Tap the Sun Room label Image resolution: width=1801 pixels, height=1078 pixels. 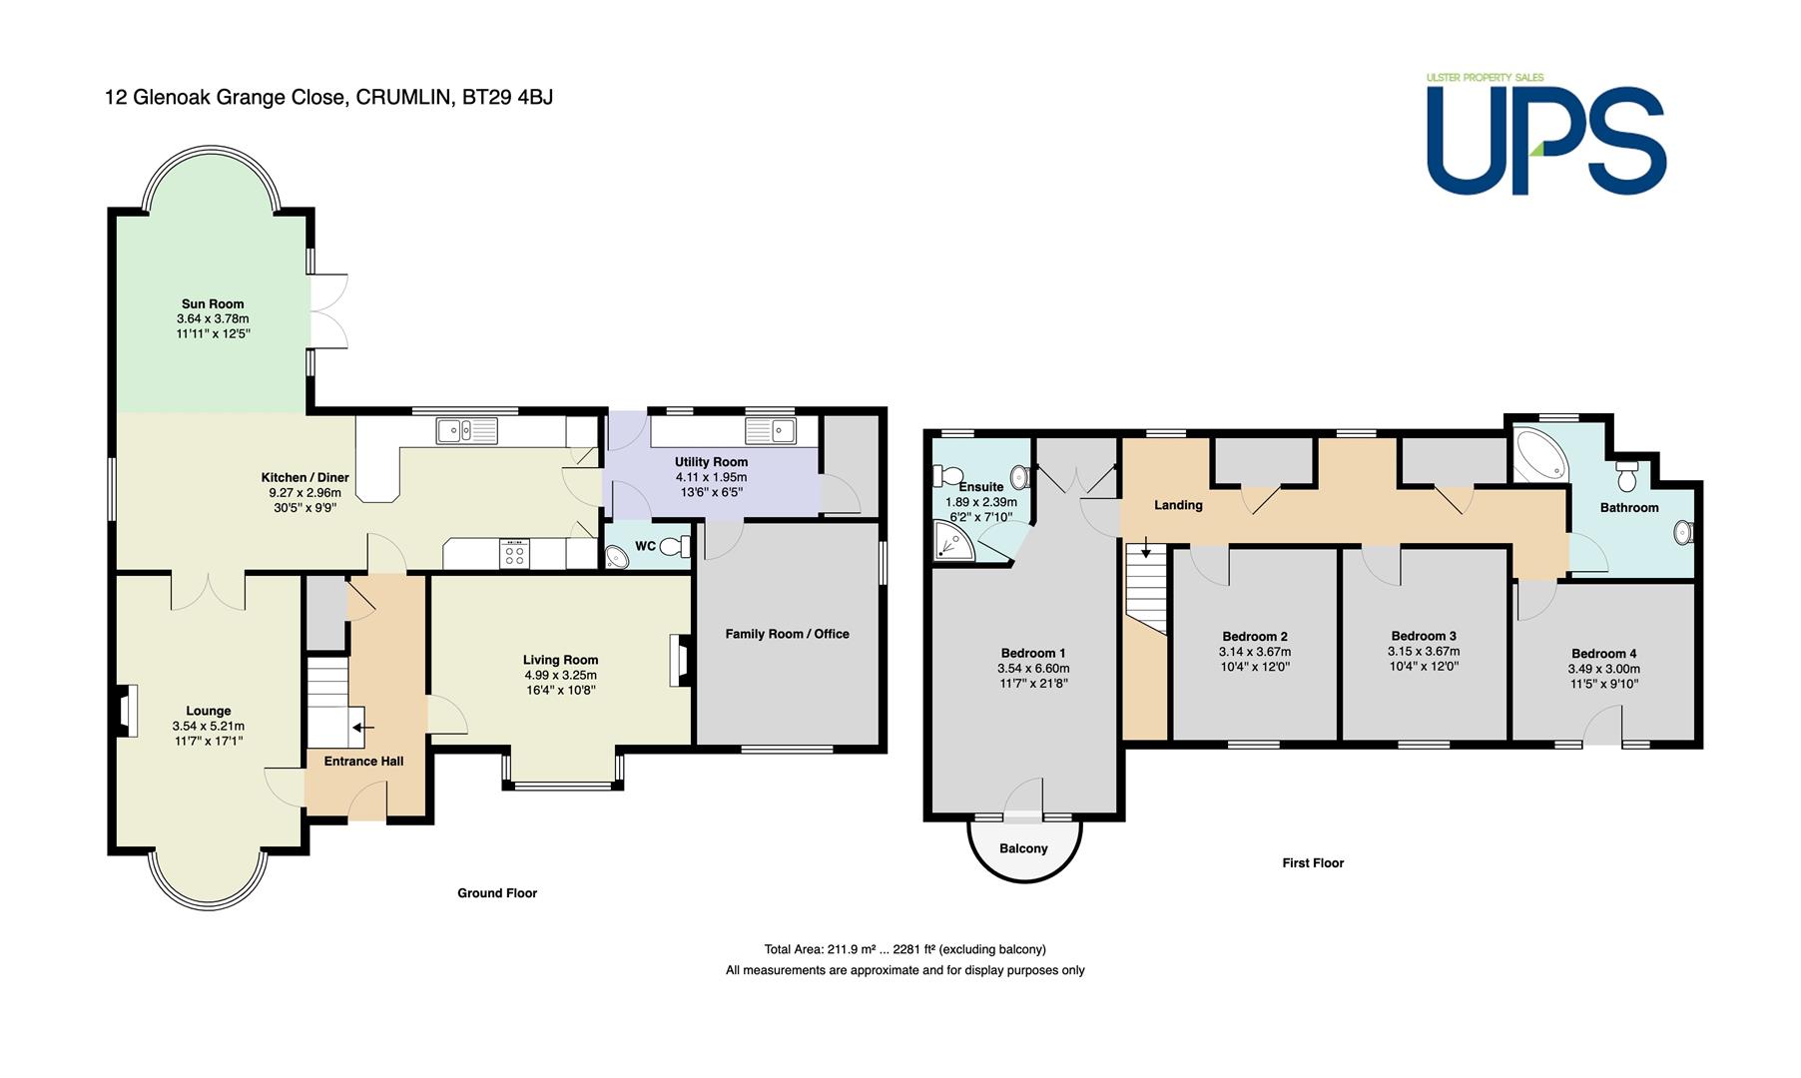213,304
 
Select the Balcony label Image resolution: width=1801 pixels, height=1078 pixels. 1023,848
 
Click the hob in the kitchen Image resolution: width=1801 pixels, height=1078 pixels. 515,554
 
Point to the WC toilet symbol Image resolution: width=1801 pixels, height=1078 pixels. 678,546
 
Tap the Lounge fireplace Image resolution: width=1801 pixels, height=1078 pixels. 126,710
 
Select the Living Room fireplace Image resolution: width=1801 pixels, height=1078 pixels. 679,661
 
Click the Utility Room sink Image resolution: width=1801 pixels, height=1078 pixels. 770,431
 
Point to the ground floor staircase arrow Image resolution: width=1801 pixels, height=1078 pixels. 361,728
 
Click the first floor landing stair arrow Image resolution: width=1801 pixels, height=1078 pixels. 1146,548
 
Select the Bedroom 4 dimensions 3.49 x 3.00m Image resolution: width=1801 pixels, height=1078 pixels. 1604,669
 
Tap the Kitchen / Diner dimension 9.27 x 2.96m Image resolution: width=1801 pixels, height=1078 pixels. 304,492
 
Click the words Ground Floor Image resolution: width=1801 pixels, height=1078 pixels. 497,893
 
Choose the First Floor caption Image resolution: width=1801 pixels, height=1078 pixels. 1313,863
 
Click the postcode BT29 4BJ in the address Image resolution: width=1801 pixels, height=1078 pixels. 507,98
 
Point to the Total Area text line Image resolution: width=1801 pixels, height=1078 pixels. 904,949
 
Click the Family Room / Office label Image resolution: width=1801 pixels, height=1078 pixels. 787,634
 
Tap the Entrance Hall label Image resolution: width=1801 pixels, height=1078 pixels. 364,762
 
